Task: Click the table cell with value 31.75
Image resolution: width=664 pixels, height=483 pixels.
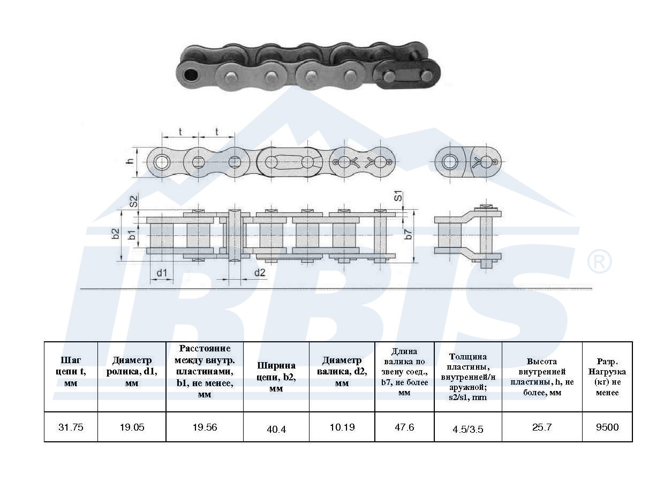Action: (x=71, y=427)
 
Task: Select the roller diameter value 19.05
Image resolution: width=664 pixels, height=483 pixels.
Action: (x=132, y=427)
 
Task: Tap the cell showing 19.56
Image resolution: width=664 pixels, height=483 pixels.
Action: (x=205, y=427)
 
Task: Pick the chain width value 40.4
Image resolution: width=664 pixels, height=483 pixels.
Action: (x=276, y=429)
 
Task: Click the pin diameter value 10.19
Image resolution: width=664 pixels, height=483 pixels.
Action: (x=342, y=427)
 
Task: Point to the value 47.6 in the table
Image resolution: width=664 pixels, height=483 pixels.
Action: (x=404, y=427)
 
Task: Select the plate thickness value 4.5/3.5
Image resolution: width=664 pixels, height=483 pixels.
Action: (x=468, y=429)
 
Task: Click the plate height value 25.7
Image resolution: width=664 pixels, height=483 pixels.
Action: (x=542, y=427)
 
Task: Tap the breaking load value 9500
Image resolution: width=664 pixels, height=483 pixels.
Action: (x=607, y=427)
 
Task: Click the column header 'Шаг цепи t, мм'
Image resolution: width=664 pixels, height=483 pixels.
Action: (x=71, y=372)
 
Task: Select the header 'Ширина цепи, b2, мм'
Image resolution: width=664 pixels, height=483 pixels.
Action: (x=276, y=377)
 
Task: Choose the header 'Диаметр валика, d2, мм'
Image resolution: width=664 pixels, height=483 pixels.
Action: (x=342, y=372)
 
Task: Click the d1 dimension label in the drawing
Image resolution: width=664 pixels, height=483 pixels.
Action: (x=162, y=273)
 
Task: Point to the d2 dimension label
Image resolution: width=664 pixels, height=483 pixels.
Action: (x=260, y=272)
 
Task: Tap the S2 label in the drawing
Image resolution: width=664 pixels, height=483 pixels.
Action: (x=134, y=201)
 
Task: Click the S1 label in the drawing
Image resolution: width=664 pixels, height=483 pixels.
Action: (x=399, y=196)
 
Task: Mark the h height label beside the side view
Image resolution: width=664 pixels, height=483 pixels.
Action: (x=131, y=161)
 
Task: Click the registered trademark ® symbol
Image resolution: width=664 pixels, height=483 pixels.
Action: (x=599, y=261)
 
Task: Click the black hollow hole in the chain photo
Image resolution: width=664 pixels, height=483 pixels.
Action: (x=191, y=75)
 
